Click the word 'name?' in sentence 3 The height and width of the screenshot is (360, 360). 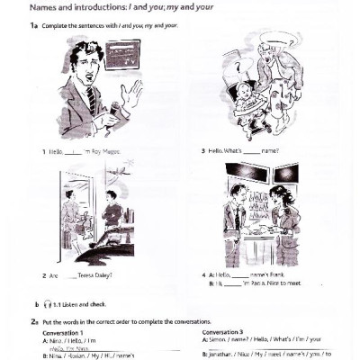pos(269,151)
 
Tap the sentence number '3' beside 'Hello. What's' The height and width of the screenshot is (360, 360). pos(203,151)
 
